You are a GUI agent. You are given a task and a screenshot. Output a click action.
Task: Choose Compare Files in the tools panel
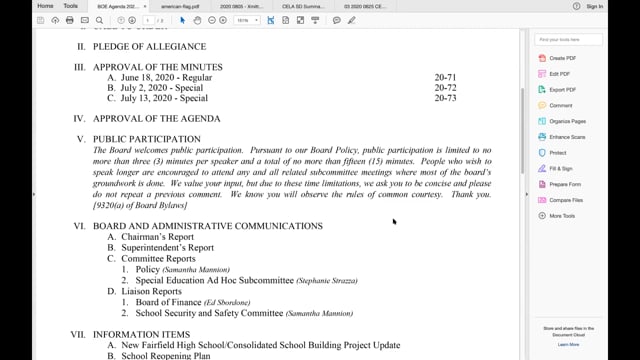click(567, 199)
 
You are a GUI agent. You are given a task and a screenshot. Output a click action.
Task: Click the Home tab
click(45, 6)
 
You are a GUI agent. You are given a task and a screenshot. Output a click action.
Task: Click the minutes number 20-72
click(445, 88)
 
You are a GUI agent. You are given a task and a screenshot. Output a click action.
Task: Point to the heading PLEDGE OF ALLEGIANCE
click(149, 47)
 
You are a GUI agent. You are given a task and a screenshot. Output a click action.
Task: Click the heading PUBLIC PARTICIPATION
click(146, 139)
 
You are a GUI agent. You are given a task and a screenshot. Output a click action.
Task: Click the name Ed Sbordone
click(231, 302)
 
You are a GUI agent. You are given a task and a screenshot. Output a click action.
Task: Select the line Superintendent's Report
click(167, 248)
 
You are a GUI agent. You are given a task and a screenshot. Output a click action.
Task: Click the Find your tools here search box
click(568, 39)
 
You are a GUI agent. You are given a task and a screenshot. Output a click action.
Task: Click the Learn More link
click(568, 344)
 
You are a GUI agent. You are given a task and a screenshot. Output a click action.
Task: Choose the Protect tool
click(558, 152)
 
